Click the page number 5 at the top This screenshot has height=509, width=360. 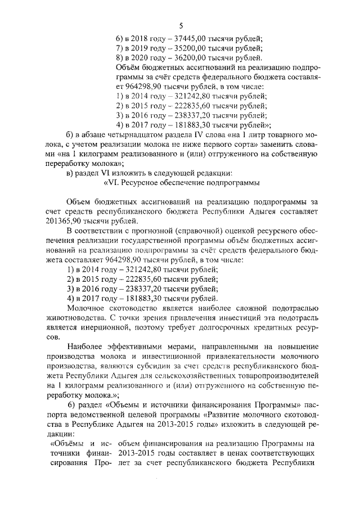181,25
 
